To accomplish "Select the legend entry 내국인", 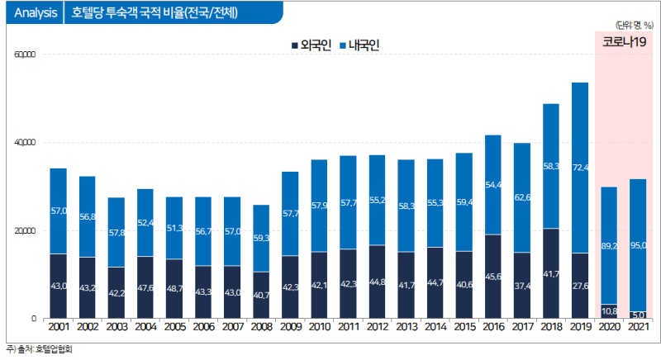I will tap(359, 45).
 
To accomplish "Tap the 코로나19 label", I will tap(624, 43).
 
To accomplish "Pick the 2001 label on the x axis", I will tap(59, 328).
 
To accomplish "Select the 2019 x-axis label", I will tap(580, 328).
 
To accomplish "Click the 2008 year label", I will tap(261, 328).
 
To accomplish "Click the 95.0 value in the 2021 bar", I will tap(638, 245).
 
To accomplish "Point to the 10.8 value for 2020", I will tap(609, 311).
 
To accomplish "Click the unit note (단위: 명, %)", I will tap(634, 26).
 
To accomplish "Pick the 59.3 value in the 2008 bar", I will tap(261, 238).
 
